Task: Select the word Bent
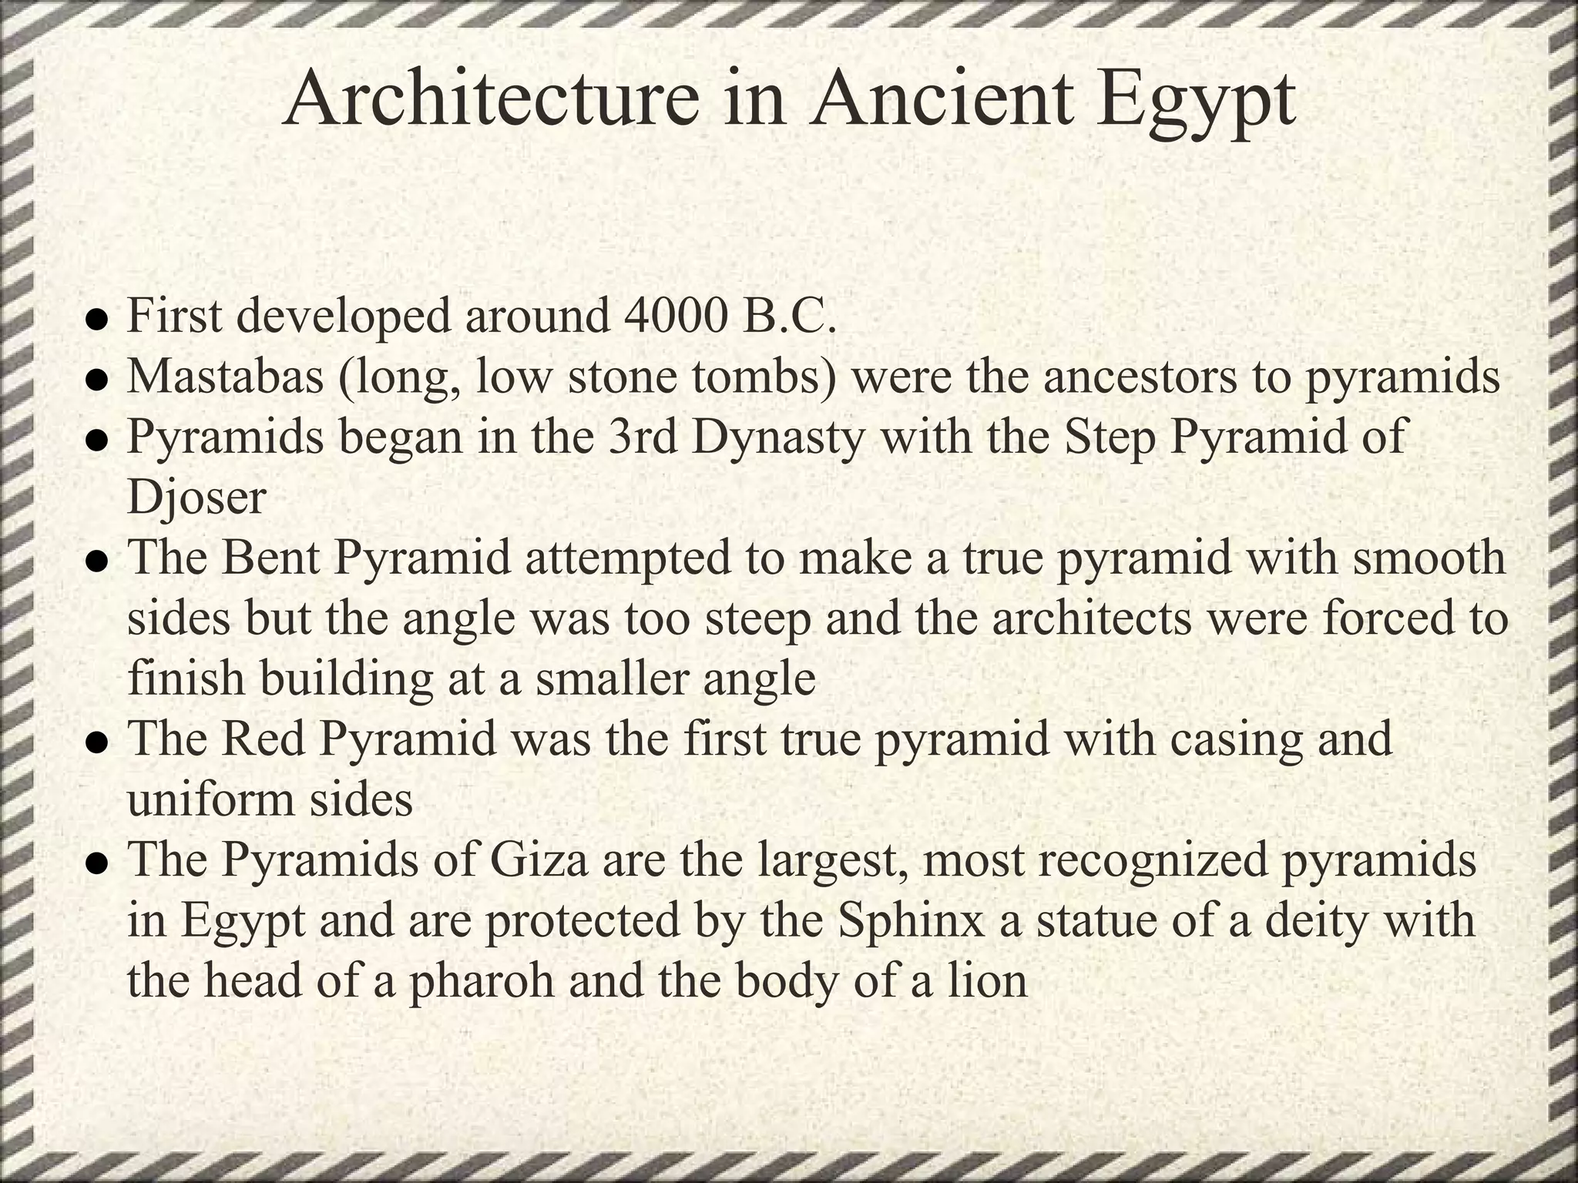coord(270,558)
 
